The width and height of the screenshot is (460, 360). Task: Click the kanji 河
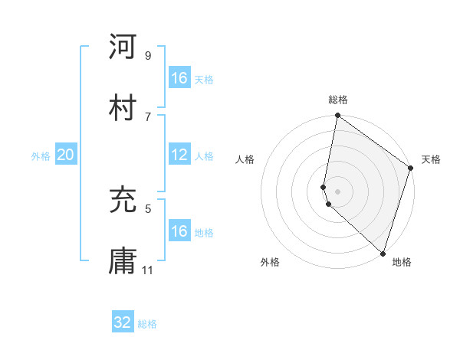pos(123,47)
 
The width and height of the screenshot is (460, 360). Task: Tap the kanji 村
pos(123,105)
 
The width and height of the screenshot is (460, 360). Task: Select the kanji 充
pos(123,200)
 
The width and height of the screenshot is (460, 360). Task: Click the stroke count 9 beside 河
pos(147,56)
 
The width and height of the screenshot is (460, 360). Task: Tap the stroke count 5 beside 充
pos(147,207)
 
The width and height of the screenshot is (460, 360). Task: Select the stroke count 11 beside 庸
pos(148,270)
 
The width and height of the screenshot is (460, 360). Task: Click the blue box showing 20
pos(65,155)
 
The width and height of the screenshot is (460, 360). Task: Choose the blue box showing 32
pos(123,322)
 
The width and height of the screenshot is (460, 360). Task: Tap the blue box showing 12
pos(179,155)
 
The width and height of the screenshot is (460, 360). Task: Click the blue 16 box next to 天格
pos(179,78)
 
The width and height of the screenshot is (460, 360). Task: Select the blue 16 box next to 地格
pos(179,231)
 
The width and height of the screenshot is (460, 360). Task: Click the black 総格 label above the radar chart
pos(338,100)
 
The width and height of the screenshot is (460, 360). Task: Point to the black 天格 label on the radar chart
pos(431,159)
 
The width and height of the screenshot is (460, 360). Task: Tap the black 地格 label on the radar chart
pos(402,262)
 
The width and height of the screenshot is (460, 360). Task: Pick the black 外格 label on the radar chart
pos(270,262)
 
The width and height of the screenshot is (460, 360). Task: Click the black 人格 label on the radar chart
pos(245,159)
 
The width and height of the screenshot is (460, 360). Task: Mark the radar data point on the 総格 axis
pos(337,116)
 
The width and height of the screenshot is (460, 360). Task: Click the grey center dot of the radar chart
pos(337,191)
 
